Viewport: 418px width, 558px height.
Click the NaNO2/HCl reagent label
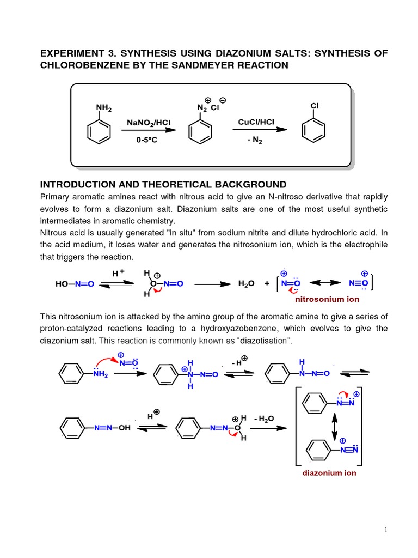tap(148, 123)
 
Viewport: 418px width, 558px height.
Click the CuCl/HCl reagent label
tap(259, 122)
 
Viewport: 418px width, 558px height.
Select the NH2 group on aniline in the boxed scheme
tap(104, 108)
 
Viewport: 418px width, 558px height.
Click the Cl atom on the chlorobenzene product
tap(315, 105)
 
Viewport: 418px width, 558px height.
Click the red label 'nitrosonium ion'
tap(327, 299)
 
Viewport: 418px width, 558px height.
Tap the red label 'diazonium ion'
tap(329, 473)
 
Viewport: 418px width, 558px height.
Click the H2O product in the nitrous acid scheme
tap(247, 284)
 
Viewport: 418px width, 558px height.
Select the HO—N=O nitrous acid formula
tap(75, 284)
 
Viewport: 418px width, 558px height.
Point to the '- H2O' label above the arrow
tap(264, 418)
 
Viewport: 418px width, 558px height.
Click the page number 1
tap(385, 530)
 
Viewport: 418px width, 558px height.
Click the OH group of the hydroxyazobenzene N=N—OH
tap(125, 428)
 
